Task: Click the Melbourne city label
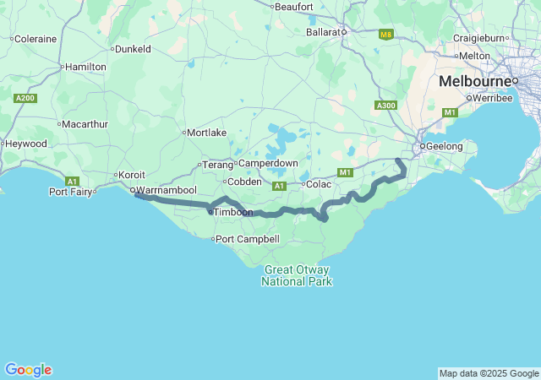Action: tap(473, 82)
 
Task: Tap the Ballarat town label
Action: tap(325, 32)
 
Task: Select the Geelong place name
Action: tap(445, 146)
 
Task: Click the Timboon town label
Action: tap(233, 212)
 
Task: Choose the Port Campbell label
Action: tap(248, 239)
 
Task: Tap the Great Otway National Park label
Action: tap(297, 275)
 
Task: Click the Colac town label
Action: tap(319, 184)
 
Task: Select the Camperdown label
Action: tap(268, 162)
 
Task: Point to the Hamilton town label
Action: tap(86, 67)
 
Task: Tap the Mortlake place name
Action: tap(207, 133)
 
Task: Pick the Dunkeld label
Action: tap(133, 49)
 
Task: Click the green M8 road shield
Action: tap(385, 35)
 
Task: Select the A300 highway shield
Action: tap(385, 105)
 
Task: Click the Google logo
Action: tap(28, 370)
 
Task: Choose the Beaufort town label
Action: tap(295, 7)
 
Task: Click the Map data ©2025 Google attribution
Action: tap(489, 373)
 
